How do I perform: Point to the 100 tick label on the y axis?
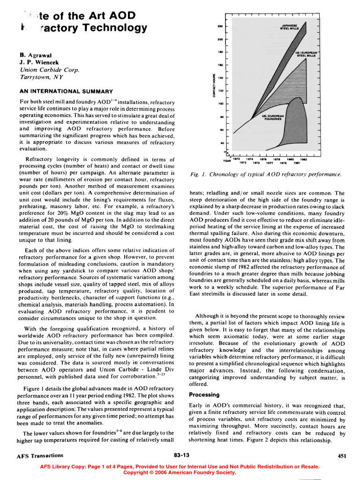[219, 103]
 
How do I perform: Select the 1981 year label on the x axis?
[297, 163]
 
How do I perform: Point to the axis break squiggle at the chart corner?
[228, 153]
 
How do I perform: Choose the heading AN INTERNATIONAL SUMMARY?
[66, 91]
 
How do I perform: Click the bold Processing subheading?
[204, 395]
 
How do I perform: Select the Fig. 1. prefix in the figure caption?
[196, 175]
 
